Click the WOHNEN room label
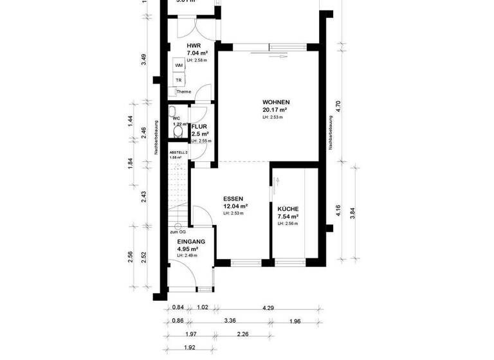(x=276, y=102)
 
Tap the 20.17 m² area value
(x=275, y=110)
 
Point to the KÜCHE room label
(x=288, y=210)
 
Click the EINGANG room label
(x=191, y=241)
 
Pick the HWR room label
(x=192, y=46)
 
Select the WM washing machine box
(x=179, y=66)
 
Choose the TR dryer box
(x=179, y=80)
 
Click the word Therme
(x=184, y=92)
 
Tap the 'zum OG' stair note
(x=178, y=232)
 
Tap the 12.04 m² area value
(x=235, y=206)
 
